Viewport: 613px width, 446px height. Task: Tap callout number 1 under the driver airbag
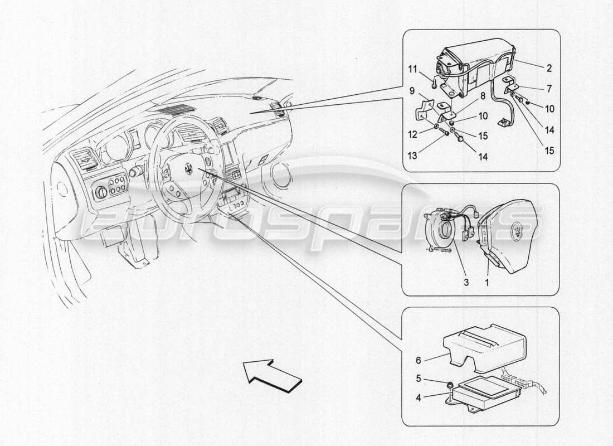[x=486, y=283]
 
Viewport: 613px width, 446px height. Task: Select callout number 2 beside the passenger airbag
[x=549, y=69]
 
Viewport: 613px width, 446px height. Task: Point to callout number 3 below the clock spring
[x=466, y=283]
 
